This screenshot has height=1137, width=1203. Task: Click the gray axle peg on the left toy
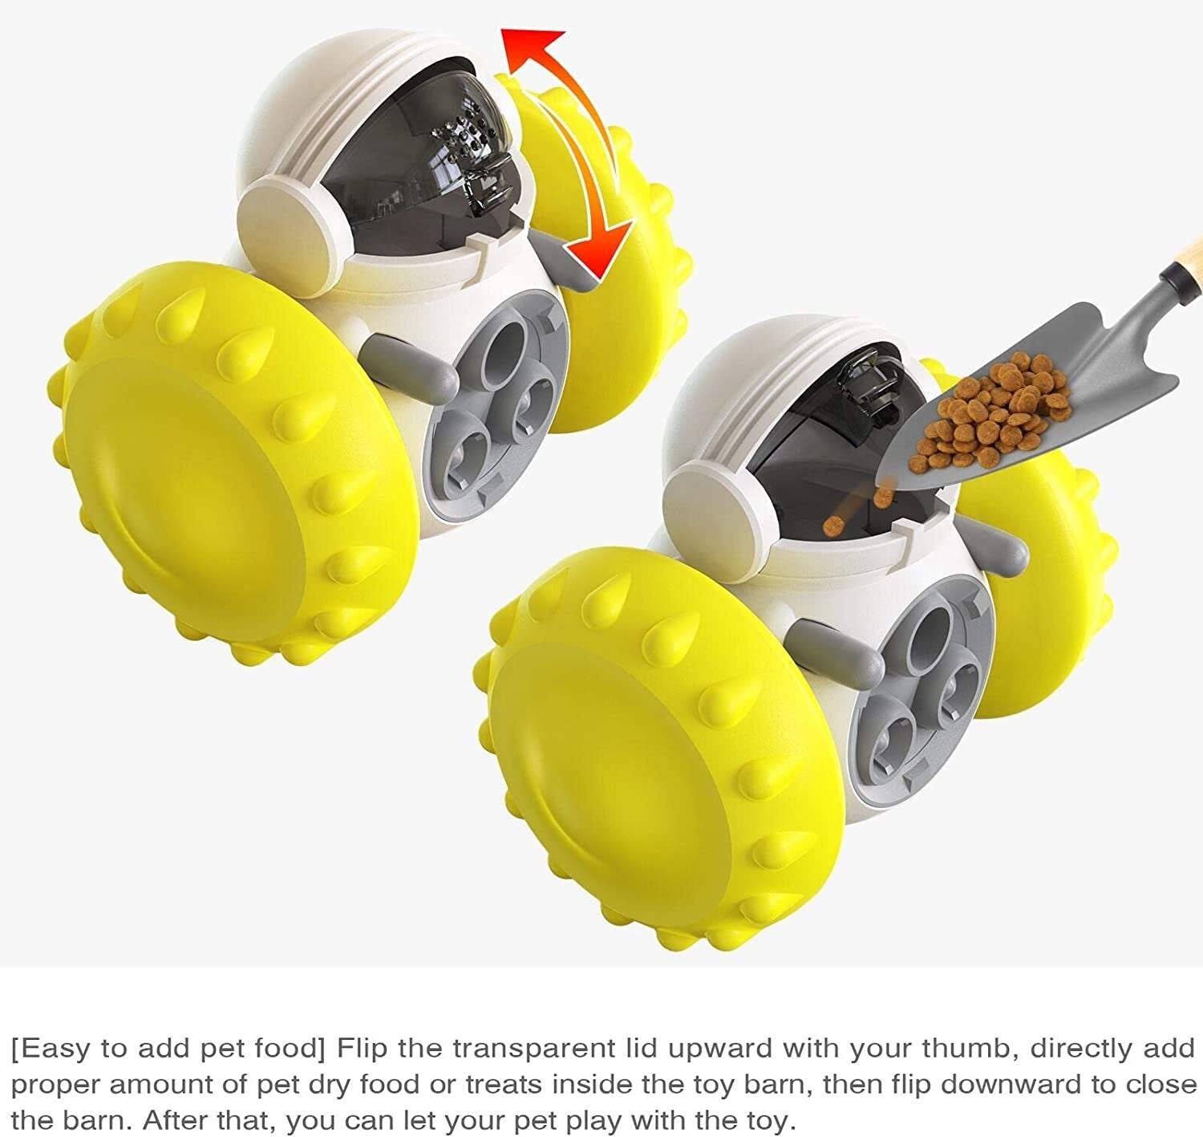[x=409, y=365]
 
